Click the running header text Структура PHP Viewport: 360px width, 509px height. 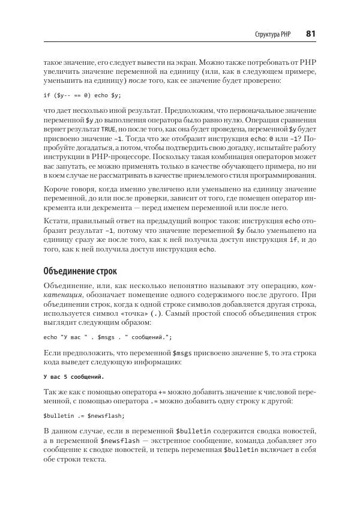272,35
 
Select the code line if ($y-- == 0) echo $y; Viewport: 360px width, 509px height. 82,95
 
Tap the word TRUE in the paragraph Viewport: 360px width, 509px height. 108,129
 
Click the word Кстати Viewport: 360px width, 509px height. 56,222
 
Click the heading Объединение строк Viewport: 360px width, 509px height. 80,270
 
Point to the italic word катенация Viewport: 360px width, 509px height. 67,295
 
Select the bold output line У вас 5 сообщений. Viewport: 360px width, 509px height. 74,377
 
